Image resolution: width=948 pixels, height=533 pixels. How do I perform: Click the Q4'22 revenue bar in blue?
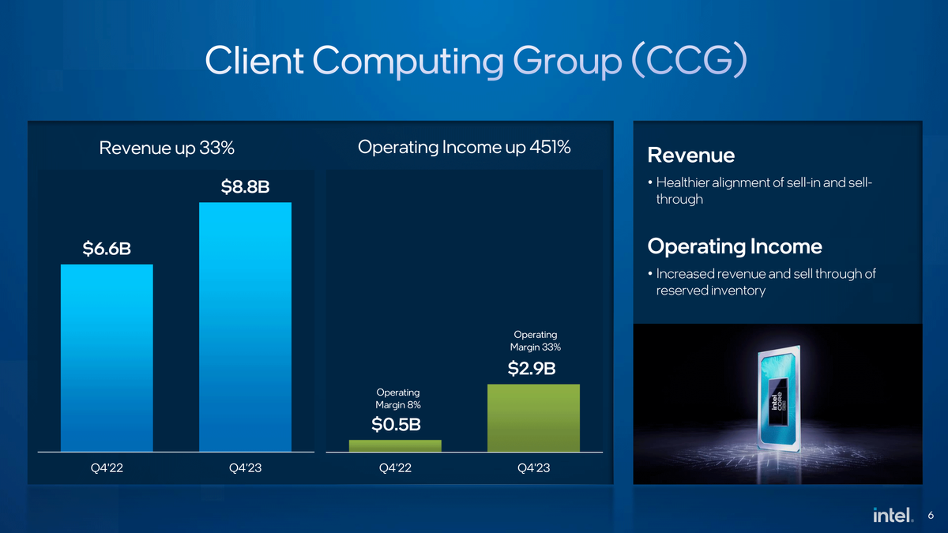click(x=107, y=358)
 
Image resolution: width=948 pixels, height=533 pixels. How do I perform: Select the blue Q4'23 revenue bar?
click(x=245, y=327)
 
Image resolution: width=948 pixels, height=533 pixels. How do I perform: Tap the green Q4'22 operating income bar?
click(x=395, y=446)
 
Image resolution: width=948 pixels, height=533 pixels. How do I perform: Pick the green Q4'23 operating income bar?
click(x=533, y=418)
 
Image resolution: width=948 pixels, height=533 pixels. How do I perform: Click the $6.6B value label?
click(x=107, y=250)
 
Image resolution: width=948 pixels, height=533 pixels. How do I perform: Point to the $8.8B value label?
click(x=245, y=188)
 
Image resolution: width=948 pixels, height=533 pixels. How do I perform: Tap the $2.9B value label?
click(x=535, y=369)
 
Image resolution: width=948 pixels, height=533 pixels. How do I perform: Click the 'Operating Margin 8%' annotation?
click(x=397, y=399)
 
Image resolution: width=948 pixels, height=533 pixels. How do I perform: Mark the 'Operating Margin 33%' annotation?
click(x=535, y=341)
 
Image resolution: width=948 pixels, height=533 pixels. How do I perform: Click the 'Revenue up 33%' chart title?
click(x=167, y=148)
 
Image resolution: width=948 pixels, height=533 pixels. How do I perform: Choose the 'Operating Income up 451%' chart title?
click(x=465, y=147)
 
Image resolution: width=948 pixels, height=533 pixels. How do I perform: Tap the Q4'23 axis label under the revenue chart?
click(x=245, y=468)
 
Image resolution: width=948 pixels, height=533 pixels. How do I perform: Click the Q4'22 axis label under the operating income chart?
click(x=395, y=468)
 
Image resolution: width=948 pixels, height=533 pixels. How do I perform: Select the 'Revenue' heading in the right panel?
click(x=690, y=156)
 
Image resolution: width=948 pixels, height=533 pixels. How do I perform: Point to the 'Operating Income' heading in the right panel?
click(x=734, y=247)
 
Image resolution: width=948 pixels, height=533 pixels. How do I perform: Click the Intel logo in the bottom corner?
click(x=893, y=515)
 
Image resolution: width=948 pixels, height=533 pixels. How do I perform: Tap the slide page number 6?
click(x=931, y=515)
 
